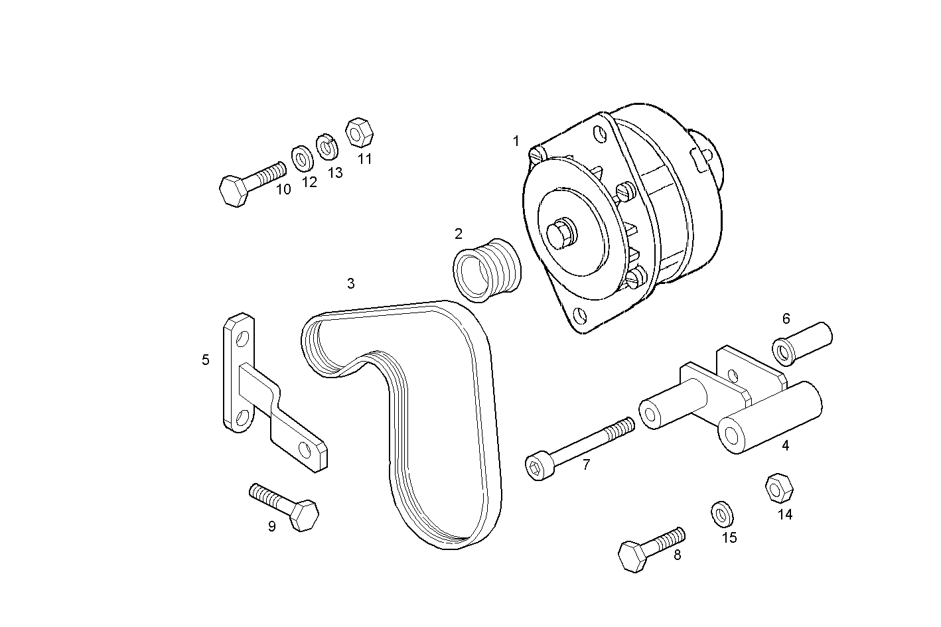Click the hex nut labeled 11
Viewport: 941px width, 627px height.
[359, 133]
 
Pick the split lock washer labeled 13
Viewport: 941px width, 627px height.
[326, 147]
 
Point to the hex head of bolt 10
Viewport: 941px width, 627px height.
[234, 192]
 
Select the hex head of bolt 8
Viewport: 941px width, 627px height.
[633, 557]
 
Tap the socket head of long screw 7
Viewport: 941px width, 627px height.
[538, 467]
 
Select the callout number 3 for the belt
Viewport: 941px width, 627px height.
[350, 284]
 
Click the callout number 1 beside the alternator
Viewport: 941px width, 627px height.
[516, 141]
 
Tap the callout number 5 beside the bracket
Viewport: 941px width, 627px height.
[205, 360]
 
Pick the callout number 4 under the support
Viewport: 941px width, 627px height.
[785, 446]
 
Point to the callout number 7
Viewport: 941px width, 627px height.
[586, 465]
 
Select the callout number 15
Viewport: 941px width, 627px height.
[729, 537]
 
